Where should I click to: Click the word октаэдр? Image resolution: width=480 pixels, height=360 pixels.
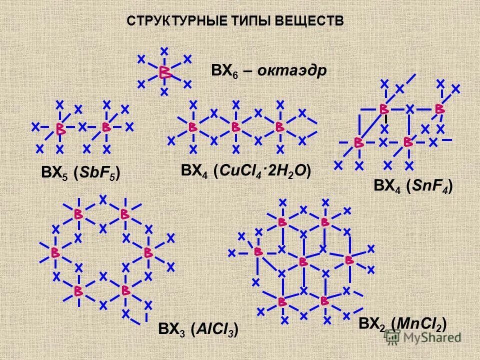click(x=292, y=70)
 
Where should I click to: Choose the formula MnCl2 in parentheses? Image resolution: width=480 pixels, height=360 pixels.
click(x=418, y=323)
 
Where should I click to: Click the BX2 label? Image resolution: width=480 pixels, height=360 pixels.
click(x=373, y=324)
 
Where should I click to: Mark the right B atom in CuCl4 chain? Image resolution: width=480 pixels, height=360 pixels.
click(x=280, y=127)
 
